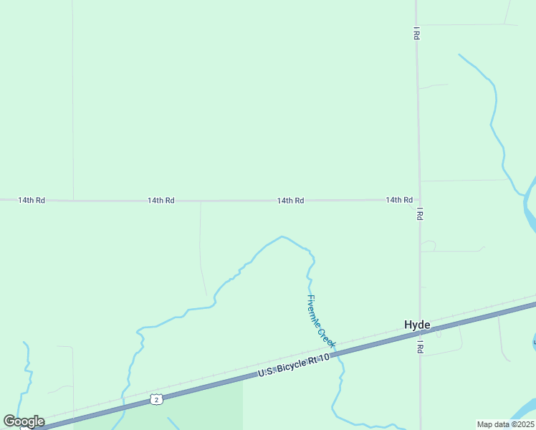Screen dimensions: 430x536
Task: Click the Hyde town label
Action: pos(417,325)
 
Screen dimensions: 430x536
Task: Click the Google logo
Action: pos(24,421)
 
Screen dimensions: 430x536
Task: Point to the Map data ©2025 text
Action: pos(504,424)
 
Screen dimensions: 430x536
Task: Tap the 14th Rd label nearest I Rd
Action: pos(398,200)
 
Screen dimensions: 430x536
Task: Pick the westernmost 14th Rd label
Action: pos(32,200)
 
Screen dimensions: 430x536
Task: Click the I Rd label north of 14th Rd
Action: pos(416,34)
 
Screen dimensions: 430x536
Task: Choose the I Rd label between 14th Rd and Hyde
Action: pos(419,214)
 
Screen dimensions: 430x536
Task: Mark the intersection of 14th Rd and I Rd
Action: pos(419,200)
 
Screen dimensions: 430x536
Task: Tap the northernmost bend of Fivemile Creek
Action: pos(282,236)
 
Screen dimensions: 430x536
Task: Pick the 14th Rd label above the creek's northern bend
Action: pos(290,201)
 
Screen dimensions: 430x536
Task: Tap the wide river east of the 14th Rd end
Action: pos(530,204)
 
